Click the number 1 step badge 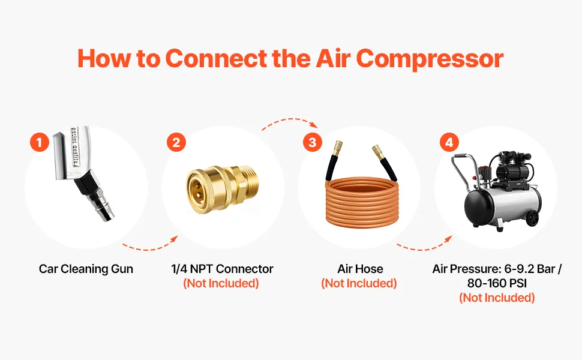point(40,142)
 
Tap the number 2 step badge point(176,142)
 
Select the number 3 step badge point(312,142)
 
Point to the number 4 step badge point(449,142)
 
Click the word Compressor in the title point(430,59)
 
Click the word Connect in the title point(216,59)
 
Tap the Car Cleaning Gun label point(86,269)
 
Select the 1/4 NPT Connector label point(222,269)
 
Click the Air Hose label point(360,269)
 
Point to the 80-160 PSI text point(497,283)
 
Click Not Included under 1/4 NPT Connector point(221,284)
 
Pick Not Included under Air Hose point(359,284)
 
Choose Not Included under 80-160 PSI point(497,298)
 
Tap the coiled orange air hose point(362,202)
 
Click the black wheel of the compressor point(532,218)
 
